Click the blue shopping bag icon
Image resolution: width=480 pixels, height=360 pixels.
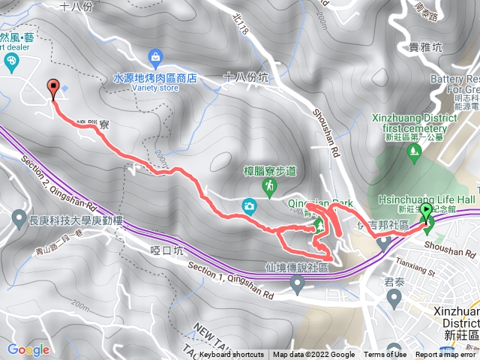(155, 56)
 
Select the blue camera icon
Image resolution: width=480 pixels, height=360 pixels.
(248, 205)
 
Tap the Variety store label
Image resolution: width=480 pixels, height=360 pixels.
(154, 86)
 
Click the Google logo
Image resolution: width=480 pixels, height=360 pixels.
(28, 349)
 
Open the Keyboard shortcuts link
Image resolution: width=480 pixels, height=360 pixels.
(232, 355)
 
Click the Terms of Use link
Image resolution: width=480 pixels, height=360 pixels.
(385, 355)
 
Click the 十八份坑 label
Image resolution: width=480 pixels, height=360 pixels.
(246, 77)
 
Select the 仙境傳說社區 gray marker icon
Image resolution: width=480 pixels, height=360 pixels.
(298, 283)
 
